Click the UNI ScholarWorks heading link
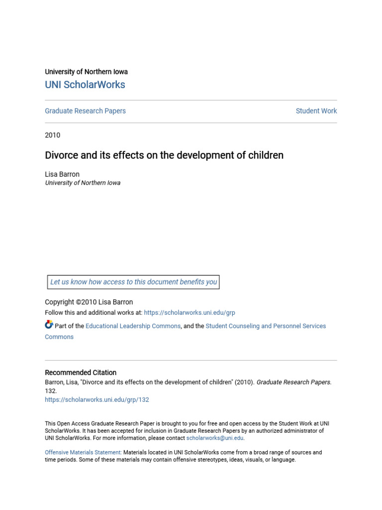coord(85,85)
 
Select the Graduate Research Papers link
coord(85,111)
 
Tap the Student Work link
coord(316,111)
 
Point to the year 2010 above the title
coord(52,135)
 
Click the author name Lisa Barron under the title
coord(62,174)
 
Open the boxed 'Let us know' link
coord(133,282)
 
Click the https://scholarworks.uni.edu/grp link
coord(190,313)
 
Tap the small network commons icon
coord(49,325)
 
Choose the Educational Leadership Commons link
coord(133,326)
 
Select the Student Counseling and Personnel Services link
coord(266,326)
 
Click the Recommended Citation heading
coord(81,373)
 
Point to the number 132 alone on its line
coord(51,391)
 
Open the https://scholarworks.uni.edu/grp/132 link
coord(97,399)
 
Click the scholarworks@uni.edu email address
coord(215,438)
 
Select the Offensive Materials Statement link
coord(83,453)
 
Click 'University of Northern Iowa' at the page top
coord(86,72)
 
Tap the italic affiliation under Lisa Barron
coord(83,183)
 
